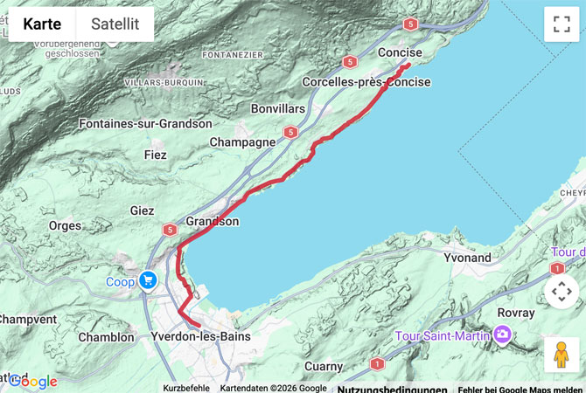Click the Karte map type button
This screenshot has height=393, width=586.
pos(42,24)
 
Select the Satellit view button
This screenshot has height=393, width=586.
pos(115,24)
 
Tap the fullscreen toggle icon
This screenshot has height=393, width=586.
pos(562,24)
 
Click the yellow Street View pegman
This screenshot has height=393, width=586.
pos(562,355)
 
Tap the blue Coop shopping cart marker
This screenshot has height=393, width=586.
pos(147,280)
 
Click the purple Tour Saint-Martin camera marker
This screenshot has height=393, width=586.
pos(502,334)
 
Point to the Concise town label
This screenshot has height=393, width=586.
pos(400,53)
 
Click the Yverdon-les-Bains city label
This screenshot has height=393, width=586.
pos(200,336)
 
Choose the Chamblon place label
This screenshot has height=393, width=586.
pos(106,337)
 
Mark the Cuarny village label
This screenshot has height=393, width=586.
pos(324,367)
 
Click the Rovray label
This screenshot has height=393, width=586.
pos(515,313)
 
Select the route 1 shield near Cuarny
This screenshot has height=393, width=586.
pos(377,363)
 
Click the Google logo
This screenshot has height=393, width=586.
pos(33,382)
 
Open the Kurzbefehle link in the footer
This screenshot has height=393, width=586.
pos(185,388)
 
